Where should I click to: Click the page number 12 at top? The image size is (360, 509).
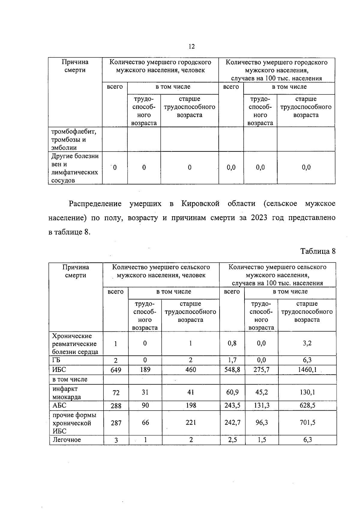pyautogui.click(x=192, y=46)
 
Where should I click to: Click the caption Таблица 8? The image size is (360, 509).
pyautogui.click(x=318, y=251)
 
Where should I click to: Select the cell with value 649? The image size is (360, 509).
pyautogui.click(x=116, y=370)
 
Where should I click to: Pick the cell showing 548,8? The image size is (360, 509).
pyautogui.click(x=232, y=370)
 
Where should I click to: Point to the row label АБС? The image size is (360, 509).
pyautogui.click(x=59, y=406)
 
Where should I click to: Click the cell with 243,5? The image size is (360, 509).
pyautogui.click(x=232, y=406)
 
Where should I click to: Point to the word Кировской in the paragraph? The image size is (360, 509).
pyautogui.click(x=200, y=204)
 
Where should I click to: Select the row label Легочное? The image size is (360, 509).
pyautogui.click(x=67, y=440)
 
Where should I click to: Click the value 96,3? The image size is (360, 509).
pyautogui.click(x=262, y=423)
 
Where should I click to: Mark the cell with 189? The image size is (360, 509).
pyautogui.click(x=145, y=370)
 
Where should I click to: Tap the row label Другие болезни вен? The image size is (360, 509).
pyautogui.click(x=75, y=168)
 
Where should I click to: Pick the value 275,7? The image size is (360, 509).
pyautogui.click(x=262, y=370)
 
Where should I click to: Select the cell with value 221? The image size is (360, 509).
pyautogui.click(x=191, y=423)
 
